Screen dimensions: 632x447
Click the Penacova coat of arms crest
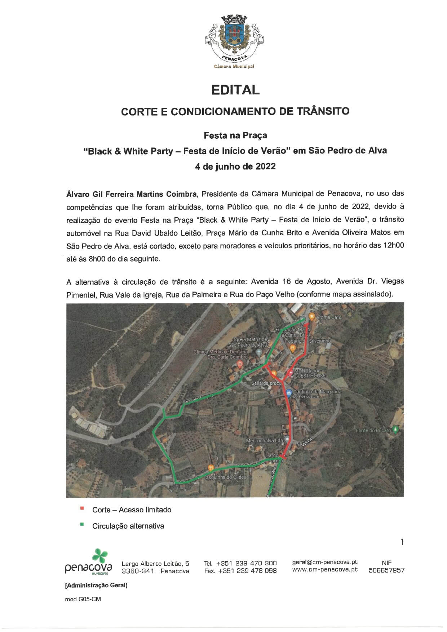point(235,36)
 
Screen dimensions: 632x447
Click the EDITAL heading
point(235,90)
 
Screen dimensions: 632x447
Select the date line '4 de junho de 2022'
point(235,166)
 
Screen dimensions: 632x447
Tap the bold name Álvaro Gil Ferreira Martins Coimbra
point(132,194)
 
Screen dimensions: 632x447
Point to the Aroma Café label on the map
point(328,317)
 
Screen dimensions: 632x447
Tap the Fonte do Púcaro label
point(373,430)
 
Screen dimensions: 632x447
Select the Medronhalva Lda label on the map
point(264,441)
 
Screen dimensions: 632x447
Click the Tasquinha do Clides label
point(225,477)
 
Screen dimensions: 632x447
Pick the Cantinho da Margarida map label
point(317,392)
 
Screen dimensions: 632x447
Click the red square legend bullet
point(82,508)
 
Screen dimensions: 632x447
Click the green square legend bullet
point(82,525)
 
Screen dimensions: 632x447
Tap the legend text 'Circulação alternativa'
point(128,526)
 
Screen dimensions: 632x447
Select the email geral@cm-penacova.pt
point(325,562)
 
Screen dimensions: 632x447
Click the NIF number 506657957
point(386,570)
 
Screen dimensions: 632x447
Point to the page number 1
point(402,542)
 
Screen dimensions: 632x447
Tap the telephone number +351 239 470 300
point(247,563)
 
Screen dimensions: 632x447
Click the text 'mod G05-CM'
point(83,599)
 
